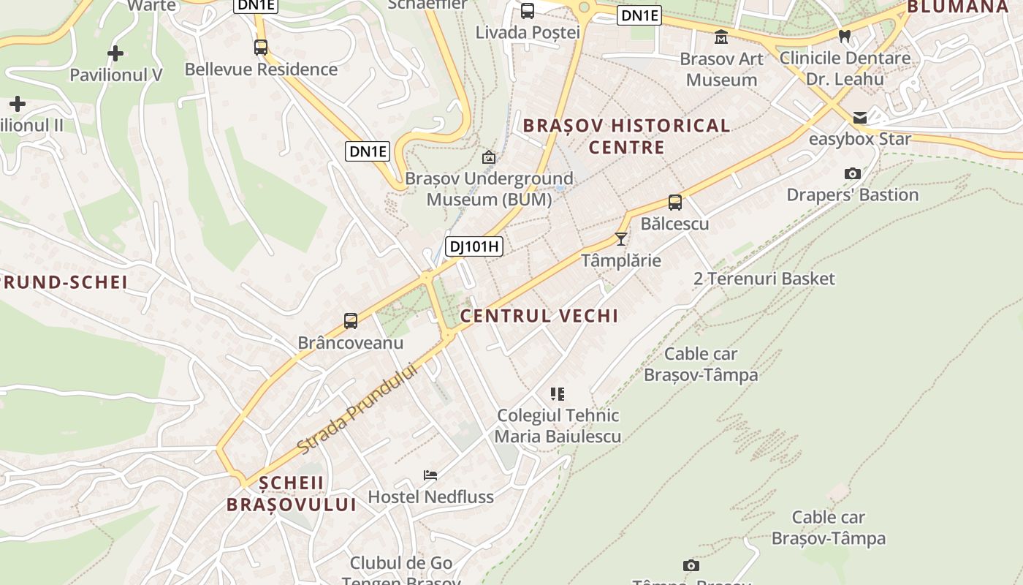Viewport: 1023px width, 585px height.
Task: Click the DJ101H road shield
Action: tap(474, 246)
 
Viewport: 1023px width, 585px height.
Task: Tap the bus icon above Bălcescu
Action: tap(675, 203)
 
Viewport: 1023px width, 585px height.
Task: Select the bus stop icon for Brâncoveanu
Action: tap(351, 321)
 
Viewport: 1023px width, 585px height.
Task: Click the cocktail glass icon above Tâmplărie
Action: tap(621, 238)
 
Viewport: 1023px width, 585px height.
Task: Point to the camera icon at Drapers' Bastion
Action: tap(852, 174)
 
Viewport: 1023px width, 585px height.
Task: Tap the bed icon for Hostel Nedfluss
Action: tap(430, 475)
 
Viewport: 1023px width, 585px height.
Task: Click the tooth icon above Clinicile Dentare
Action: tap(845, 36)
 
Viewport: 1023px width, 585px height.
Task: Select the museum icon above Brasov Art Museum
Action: tap(721, 37)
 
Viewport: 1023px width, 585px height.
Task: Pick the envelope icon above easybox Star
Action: tap(860, 118)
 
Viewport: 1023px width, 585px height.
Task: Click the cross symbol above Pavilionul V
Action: tap(115, 53)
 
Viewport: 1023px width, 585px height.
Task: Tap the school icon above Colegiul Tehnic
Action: tap(558, 394)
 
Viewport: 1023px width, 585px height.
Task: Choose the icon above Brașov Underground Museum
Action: tap(489, 157)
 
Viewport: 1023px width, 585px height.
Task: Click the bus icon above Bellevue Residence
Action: tap(261, 48)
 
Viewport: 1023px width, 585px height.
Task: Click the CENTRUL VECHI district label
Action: tap(539, 316)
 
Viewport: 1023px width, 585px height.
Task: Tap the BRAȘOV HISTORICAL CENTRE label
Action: tap(627, 136)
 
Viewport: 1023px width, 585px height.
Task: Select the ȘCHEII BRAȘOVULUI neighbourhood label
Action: tap(292, 494)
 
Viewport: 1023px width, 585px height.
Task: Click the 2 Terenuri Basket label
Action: tap(764, 279)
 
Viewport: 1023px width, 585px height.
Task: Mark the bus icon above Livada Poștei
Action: tap(528, 11)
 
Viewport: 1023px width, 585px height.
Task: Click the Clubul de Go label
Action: tap(401, 563)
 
